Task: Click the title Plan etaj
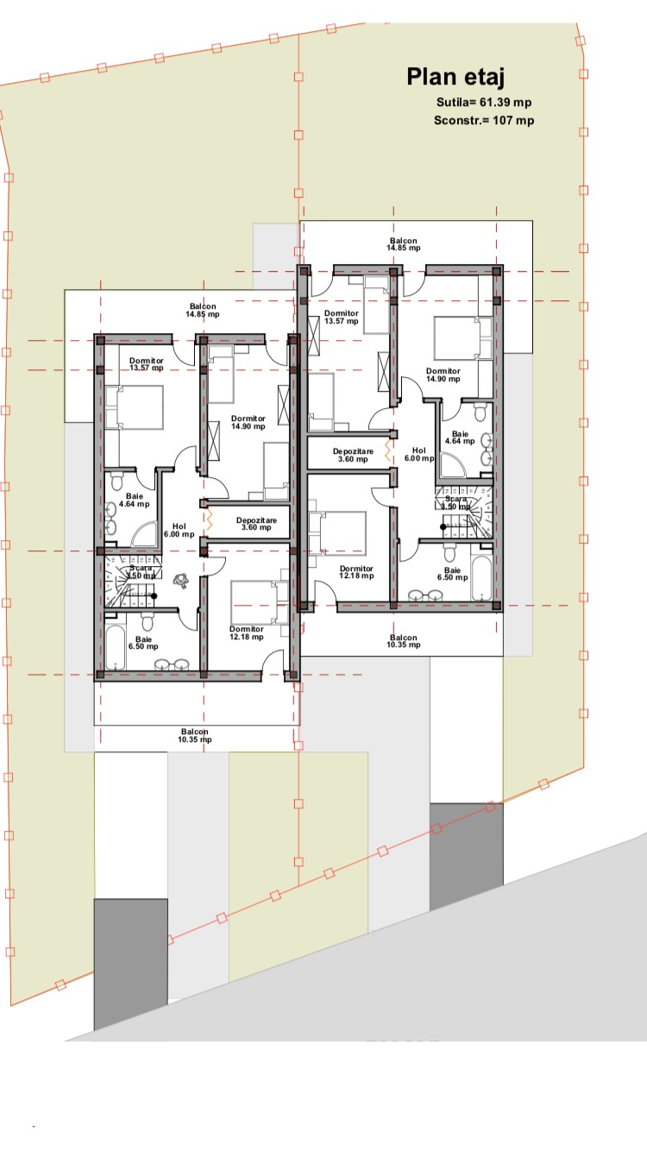[x=455, y=78]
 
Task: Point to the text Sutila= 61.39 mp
[x=483, y=103]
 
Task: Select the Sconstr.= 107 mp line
[x=483, y=121]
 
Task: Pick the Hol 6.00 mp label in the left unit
[x=179, y=530]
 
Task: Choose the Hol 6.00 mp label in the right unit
[x=419, y=455]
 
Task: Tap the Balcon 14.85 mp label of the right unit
[x=404, y=244]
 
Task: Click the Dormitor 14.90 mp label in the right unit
[x=443, y=375]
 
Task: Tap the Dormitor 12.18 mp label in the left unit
[x=246, y=633]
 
